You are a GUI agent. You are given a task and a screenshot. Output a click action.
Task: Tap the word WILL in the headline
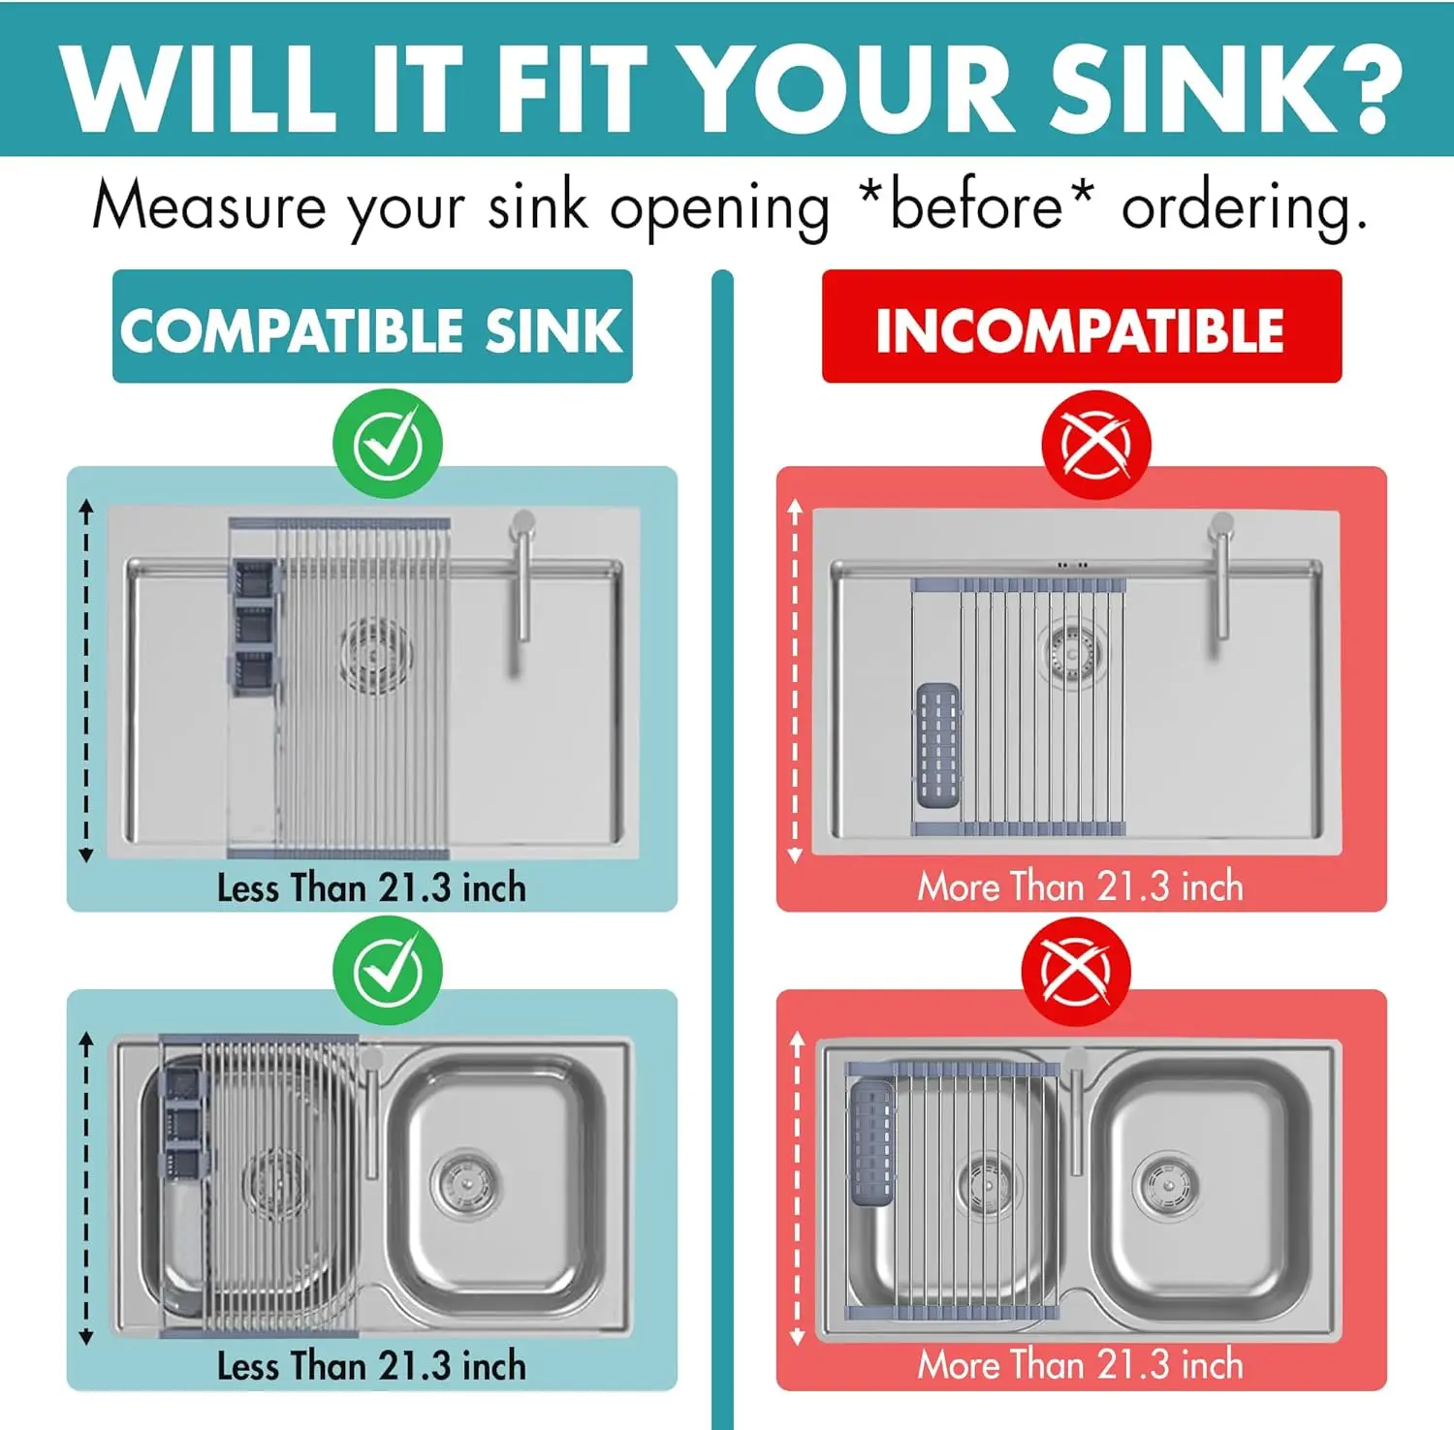(198, 86)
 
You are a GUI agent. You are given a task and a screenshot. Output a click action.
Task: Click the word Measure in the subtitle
(209, 205)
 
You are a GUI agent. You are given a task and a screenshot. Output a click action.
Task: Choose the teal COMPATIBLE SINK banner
(372, 326)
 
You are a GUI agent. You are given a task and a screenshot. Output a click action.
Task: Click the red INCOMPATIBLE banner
(1082, 326)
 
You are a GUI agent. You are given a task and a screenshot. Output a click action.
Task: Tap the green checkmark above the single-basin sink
(388, 444)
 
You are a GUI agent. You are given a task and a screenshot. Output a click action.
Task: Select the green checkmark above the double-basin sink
(388, 970)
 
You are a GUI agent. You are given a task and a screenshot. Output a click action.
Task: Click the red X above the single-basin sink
(1096, 445)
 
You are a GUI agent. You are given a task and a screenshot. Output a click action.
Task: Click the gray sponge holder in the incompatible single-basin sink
(937, 744)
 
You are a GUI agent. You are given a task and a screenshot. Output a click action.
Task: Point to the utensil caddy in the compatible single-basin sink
(255, 628)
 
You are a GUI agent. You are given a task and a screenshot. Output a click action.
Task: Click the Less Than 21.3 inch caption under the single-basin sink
(371, 887)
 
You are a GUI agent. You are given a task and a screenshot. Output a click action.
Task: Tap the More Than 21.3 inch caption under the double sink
(1081, 1364)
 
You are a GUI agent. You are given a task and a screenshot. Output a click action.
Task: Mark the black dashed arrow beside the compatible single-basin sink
(86, 680)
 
